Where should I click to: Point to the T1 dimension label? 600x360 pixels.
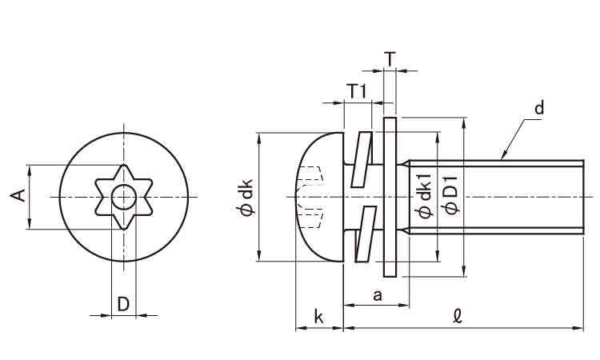356,91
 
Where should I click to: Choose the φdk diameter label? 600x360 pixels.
246,197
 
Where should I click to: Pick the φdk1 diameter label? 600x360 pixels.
426,197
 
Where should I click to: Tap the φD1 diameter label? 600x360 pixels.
450,197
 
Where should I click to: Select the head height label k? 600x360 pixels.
318,317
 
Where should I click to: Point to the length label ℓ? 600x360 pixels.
457,317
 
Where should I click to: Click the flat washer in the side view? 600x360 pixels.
390,197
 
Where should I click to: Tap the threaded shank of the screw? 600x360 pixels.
496,197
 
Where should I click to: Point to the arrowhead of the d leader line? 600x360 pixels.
504,157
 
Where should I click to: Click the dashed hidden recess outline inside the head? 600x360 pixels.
313,195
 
